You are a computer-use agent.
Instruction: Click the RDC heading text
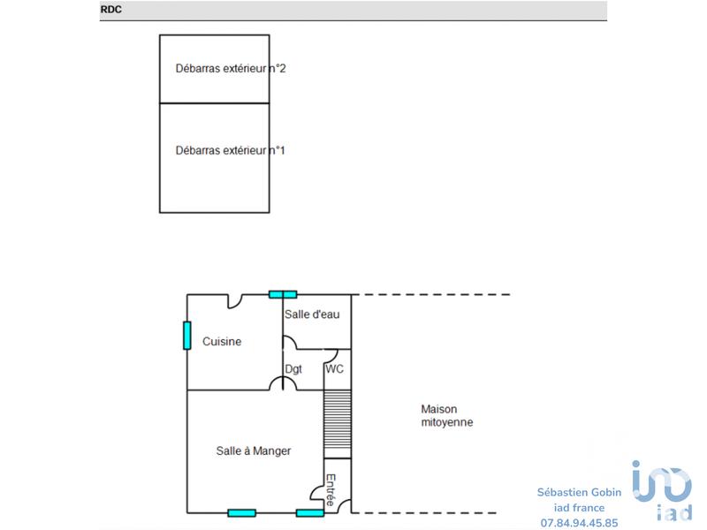110,11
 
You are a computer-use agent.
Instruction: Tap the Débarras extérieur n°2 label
230,68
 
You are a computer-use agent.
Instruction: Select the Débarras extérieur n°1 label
230,150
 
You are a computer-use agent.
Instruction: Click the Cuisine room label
222,342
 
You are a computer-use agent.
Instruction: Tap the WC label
334,369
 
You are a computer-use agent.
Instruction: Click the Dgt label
293,369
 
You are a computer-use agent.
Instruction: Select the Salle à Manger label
254,450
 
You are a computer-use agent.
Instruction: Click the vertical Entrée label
331,490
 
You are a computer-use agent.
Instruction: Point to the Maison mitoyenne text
446,415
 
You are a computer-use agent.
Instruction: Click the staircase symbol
338,424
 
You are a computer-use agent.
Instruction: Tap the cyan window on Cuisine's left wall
187,336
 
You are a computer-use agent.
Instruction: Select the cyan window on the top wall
283,294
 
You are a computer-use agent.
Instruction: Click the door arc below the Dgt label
283,382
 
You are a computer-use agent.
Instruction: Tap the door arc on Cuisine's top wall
236,300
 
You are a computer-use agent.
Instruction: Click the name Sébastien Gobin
580,493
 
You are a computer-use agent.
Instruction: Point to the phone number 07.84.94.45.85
580,522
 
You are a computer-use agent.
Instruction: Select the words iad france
580,508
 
